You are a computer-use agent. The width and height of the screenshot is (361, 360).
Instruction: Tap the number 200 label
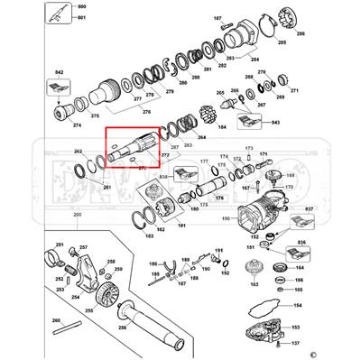point(77,213)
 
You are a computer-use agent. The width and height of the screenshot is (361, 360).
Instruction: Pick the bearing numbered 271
point(281,87)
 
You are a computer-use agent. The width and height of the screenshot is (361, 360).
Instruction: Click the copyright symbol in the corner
point(340,353)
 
